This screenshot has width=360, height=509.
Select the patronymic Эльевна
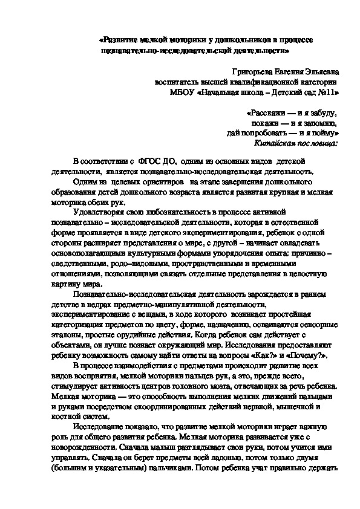tap(319, 72)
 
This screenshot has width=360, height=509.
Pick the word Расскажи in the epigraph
tap(268, 113)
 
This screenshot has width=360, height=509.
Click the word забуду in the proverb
tap(322, 113)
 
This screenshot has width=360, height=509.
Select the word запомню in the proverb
tap(318, 123)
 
